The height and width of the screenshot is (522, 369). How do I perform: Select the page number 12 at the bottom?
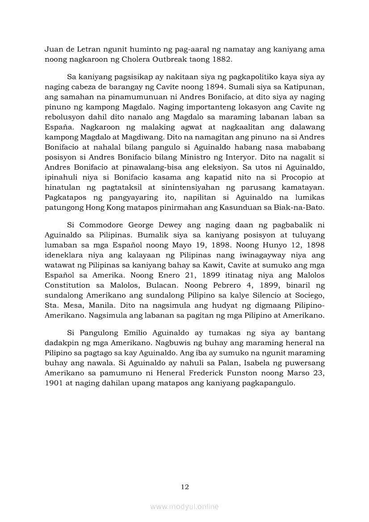coord(184,487)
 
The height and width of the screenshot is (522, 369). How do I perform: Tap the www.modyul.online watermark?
coord(184,506)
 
